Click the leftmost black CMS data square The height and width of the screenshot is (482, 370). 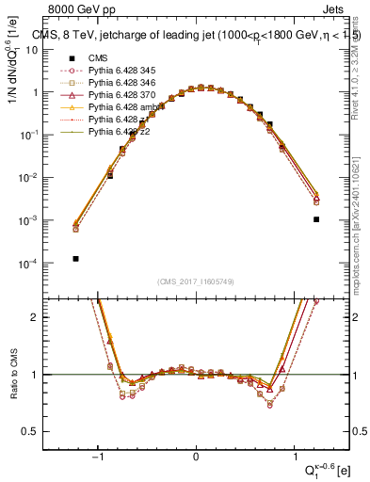coord(75,258)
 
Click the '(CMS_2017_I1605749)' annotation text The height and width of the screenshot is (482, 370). coord(196,281)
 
